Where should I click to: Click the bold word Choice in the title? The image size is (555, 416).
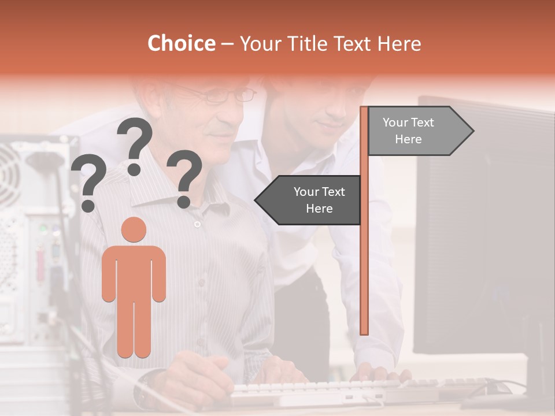pyautogui.click(x=181, y=44)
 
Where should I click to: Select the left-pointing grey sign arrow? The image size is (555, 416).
pyautogui.click(x=309, y=200)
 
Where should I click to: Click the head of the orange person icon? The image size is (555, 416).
pyautogui.click(x=134, y=229)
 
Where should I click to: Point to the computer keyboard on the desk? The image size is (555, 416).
pyautogui.click(x=324, y=390)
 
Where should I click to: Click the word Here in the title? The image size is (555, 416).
pyautogui.click(x=399, y=44)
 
